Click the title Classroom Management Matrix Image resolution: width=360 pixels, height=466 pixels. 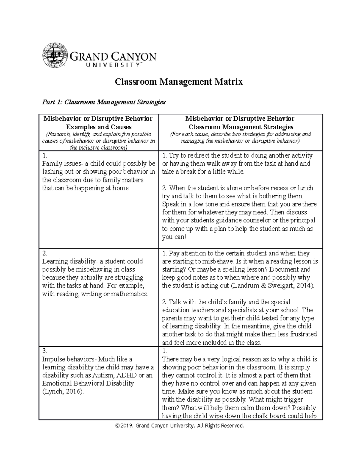179,82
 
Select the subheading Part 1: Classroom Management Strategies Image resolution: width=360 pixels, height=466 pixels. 104,102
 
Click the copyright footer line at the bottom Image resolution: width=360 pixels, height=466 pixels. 180,425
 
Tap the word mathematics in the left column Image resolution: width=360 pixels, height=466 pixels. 129,294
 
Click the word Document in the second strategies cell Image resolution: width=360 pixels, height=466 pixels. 283,269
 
